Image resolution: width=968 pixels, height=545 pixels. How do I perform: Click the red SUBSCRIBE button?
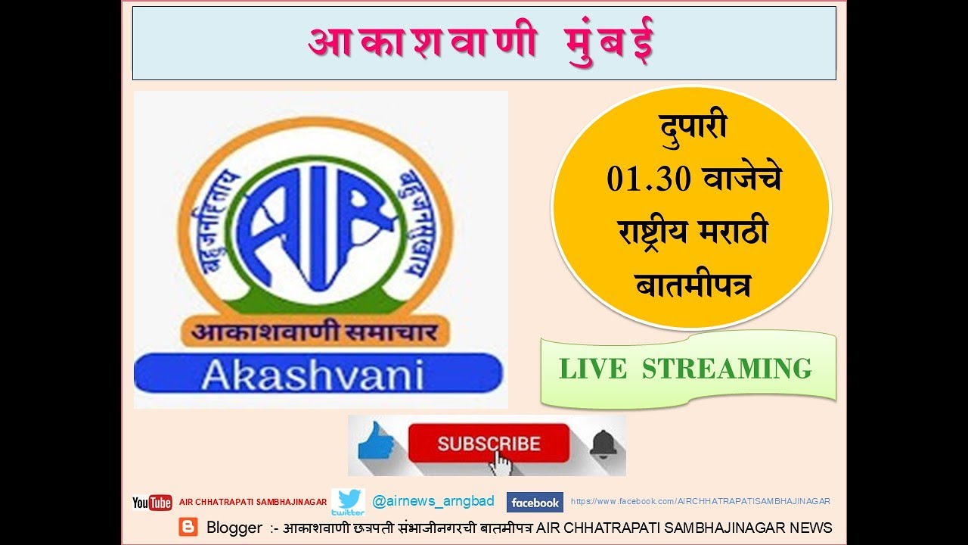click(x=488, y=442)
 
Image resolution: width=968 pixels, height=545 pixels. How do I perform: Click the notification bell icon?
click(x=603, y=444)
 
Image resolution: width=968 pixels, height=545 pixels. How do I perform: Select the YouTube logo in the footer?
click(x=152, y=503)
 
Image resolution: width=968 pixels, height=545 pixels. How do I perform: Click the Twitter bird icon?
click(x=349, y=500)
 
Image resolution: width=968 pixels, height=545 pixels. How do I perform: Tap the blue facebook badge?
click(x=535, y=503)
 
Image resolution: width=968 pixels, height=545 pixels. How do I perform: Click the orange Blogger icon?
click(x=188, y=527)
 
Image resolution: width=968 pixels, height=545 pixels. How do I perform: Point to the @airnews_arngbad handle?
click(x=433, y=501)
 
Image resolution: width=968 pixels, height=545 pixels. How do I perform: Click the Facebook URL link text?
click(x=700, y=501)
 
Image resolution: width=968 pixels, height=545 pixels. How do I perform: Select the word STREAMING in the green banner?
click(x=727, y=369)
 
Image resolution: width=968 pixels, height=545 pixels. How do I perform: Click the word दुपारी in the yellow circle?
click(x=691, y=126)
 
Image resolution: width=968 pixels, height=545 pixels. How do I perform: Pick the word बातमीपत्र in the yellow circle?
click(x=691, y=285)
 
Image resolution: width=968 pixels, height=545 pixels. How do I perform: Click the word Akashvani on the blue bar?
click(x=312, y=374)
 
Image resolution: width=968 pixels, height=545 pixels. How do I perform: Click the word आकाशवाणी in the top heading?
click(x=423, y=43)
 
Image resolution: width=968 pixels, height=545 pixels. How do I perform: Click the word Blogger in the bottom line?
click(x=234, y=528)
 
